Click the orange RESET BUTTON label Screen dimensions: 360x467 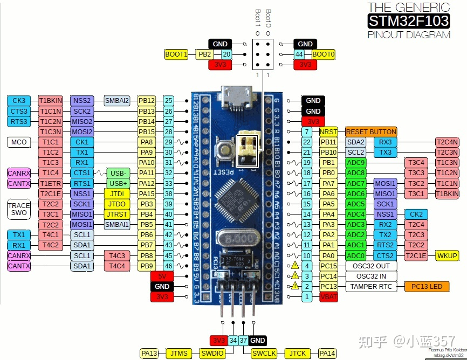(x=371, y=132)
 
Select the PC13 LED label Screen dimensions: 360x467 (x=427, y=287)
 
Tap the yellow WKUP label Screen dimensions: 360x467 (x=447, y=255)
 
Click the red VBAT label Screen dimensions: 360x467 (x=328, y=297)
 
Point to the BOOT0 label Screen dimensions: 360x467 (x=323, y=54)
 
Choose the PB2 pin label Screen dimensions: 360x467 (x=205, y=54)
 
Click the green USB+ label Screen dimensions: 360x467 (x=118, y=183)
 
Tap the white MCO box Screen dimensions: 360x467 (x=19, y=142)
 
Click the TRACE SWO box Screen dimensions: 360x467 (x=19, y=209)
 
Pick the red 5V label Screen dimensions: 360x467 (x=162, y=276)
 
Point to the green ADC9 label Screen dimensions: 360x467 (x=356, y=163)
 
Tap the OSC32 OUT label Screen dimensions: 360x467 (x=370, y=266)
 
